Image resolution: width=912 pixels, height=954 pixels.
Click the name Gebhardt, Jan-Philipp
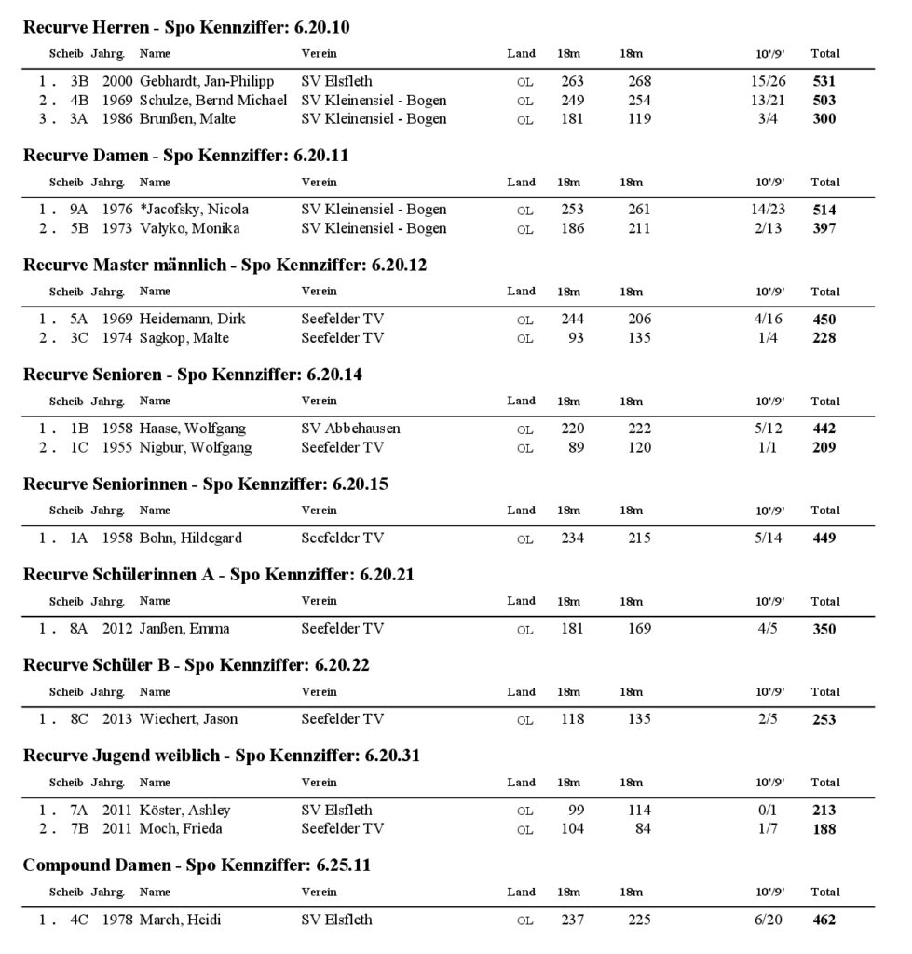tap(207, 82)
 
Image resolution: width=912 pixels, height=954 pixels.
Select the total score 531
tap(824, 82)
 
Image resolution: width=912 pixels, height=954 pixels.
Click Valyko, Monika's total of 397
tap(824, 228)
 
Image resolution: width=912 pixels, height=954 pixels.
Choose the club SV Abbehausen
tap(350, 429)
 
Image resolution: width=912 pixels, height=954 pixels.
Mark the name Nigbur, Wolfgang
tap(196, 447)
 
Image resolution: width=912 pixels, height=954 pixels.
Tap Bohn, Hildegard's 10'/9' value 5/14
tap(769, 538)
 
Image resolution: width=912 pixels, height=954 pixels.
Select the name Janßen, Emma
tap(184, 629)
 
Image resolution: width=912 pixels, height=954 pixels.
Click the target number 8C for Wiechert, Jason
tap(79, 719)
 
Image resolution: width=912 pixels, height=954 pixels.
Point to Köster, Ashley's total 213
tap(824, 811)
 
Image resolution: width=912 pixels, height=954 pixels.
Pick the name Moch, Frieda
tap(181, 828)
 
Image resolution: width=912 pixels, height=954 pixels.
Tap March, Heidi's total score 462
tap(824, 920)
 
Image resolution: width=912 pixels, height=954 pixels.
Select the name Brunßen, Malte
tap(188, 118)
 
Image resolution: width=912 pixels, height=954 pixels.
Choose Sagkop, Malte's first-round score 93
tap(575, 337)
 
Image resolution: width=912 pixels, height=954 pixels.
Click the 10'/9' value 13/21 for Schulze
tap(769, 101)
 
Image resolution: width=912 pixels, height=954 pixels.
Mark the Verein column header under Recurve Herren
tap(319, 53)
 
